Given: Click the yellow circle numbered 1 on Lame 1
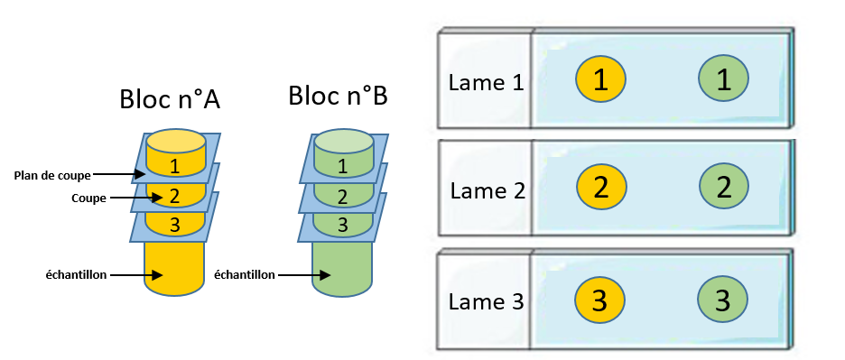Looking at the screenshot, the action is point(600,79).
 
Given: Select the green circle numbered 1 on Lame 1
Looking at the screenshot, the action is point(723,79).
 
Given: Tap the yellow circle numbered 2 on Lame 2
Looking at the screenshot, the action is point(601,187).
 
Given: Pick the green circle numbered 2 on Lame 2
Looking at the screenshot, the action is point(724,187).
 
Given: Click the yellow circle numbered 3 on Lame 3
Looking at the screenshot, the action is point(599,300).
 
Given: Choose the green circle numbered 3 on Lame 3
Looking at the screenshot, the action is point(722,300).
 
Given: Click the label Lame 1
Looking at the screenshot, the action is point(486,83).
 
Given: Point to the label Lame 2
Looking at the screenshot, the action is point(487,190).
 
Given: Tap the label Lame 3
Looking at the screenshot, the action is point(486,301).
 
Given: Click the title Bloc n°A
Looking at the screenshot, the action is point(170,99).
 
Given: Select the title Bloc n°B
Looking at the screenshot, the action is point(338,96).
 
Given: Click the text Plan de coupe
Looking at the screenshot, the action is point(52,175).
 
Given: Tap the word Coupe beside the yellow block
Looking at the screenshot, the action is point(88,198).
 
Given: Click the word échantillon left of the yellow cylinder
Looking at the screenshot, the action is point(76,275).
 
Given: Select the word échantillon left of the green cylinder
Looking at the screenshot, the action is point(244,275).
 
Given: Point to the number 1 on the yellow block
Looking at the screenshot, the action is point(174,167).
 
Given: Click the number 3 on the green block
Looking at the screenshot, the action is point(343,225).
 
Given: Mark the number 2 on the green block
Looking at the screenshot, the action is point(343,197).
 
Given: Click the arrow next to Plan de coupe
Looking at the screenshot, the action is point(118,174).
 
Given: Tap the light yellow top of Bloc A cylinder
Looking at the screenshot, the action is point(176,142).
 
